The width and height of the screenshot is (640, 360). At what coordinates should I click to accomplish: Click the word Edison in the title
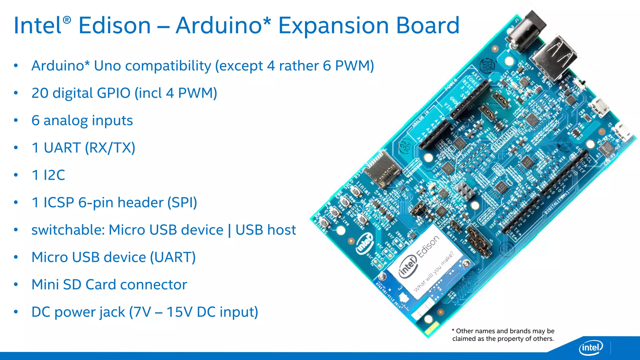(114, 26)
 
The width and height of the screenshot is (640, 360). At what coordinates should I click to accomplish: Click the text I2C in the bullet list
(54, 175)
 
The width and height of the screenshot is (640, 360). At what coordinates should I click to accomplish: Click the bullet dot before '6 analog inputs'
(16, 121)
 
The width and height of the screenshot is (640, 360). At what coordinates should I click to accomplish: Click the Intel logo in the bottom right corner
(591, 347)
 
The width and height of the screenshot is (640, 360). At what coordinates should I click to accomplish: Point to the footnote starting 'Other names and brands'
(503, 335)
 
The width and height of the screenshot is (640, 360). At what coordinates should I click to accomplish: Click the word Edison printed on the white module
(428, 247)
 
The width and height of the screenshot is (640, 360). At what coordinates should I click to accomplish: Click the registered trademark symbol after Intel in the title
(67, 20)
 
